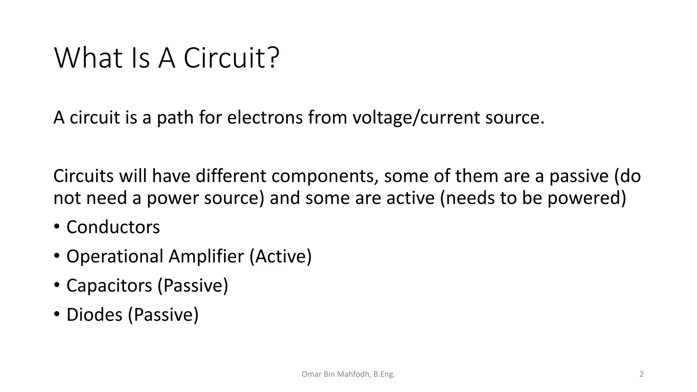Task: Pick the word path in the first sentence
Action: (175, 117)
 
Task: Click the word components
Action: (325, 177)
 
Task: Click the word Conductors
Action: (113, 227)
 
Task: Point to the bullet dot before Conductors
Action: (56, 226)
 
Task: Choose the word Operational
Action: (115, 256)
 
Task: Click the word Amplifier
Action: (206, 256)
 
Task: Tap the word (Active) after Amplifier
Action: (280, 256)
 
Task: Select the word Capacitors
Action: (109, 285)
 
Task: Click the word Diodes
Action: (94, 314)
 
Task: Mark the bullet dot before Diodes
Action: (56, 314)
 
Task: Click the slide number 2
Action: (642, 374)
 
